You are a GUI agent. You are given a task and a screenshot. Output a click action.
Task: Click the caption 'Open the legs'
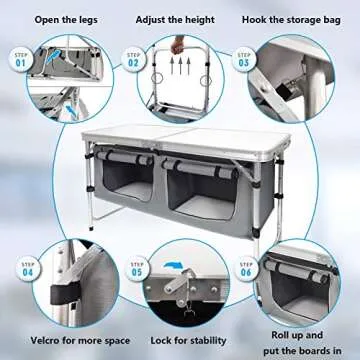coord(59,19)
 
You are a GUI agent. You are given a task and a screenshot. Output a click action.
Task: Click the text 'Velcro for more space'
coord(59,340)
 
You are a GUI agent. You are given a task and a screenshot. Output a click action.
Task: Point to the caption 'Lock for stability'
coord(179,340)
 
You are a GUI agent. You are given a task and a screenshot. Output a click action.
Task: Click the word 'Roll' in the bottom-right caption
coord(281,334)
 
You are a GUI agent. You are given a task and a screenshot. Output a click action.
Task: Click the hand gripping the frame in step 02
coord(180,44)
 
